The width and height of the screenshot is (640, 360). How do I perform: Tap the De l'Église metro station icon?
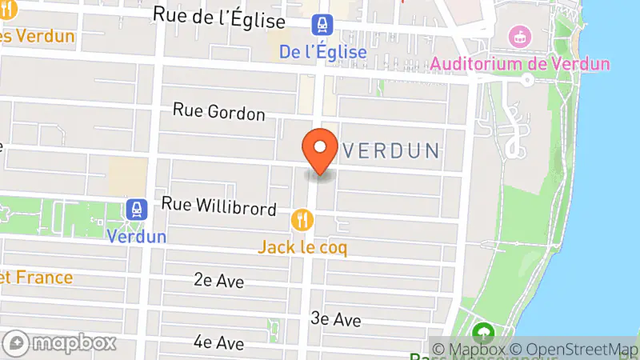tap(323, 26)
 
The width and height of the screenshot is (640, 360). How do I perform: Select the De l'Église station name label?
tap(323, 52)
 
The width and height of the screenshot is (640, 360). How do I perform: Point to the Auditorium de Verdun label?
tap(520, 64)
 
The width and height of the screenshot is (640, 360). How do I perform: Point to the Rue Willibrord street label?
tap(218, 206)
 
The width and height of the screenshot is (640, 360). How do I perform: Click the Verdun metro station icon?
tap(136, 210)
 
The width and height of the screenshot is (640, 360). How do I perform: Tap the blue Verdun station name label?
tap(136, 236)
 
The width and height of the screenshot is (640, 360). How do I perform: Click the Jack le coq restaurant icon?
tap(302, 218)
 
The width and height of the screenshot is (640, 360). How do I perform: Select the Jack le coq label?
tap(302, 247)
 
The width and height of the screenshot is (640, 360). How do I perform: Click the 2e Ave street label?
tap(218, 280)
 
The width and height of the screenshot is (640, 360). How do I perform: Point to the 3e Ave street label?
tap(336, 319)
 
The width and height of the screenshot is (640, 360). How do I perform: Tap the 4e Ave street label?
tap(218, 342)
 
